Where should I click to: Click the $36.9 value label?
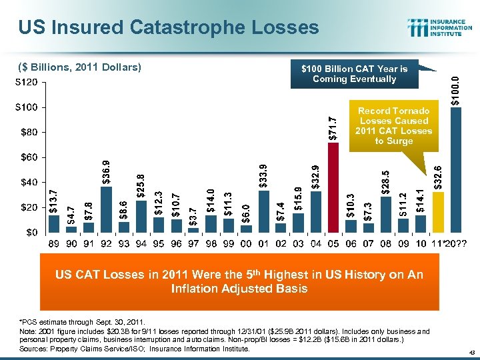click(106, 173)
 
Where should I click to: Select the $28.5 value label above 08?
click(386, 182)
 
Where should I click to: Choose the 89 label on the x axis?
click(54, 245)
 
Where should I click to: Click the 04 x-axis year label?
click(316, 245)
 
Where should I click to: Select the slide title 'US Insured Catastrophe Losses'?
click(169, 27)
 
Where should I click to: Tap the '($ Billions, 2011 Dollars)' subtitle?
click(79, 67)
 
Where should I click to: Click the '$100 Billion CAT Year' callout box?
click(354, 74)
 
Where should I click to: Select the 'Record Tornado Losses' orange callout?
click(393, 125)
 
